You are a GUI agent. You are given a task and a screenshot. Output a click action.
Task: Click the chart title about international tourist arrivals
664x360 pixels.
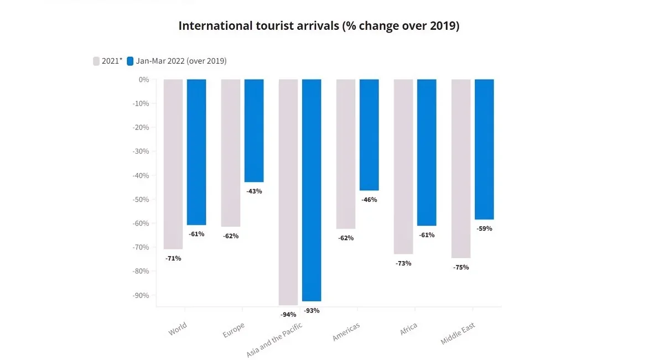point(319,26)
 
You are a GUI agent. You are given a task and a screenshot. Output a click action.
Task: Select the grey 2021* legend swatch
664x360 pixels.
point(96,61)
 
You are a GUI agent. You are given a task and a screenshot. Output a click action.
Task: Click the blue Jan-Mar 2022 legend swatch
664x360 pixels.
point(130,61)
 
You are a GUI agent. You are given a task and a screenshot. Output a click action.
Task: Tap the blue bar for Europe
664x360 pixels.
point(254,131)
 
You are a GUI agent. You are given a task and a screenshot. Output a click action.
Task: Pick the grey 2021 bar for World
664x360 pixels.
point(173,164)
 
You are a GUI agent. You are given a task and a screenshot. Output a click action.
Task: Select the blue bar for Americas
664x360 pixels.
point(369,134)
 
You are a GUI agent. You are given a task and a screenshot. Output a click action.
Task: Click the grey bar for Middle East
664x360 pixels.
point(461,169)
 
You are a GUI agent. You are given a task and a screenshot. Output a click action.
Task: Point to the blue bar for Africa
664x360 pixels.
point(427,152)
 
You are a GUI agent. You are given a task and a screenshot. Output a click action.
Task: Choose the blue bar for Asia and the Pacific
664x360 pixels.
point(312,190)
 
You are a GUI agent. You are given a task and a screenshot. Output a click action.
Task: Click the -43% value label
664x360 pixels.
point(254,191)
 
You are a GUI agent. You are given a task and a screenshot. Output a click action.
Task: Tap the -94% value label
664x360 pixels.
point(288,315)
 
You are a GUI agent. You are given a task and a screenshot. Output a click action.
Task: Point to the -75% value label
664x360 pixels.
point(461,267)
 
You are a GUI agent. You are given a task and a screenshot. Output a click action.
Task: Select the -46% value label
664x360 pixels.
point(369,200)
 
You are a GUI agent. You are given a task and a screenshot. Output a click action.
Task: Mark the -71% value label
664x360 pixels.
point(173,258)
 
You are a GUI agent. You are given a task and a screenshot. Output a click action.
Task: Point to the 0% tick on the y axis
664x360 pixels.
point(144,80)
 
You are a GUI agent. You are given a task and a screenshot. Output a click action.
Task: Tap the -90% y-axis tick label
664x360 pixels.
point(141,295)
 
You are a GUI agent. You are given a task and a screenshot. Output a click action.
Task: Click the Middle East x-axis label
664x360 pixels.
point(458,333)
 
